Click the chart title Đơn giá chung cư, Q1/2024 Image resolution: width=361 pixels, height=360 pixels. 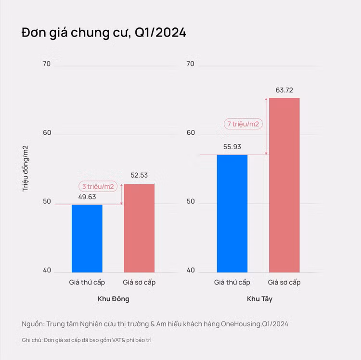pyautogui.click(x=103, y=33)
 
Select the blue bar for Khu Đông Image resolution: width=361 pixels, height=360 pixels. pyautogui.click(x=87, y=238)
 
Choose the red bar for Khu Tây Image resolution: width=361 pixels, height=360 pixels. pyautogui.click(x=284, y=185)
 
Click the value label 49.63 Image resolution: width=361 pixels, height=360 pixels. pyautogui.click(x=87, y=196)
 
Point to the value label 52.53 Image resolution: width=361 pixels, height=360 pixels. pyautogui.click(x=139, y=175)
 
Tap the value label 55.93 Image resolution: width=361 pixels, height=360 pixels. pyautogui.click(x=232, y=147)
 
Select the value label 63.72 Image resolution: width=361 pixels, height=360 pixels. pyautogui.click(x=284, y=90)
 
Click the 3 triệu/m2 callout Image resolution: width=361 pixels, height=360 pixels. pyautogui.click(x=98, y=186)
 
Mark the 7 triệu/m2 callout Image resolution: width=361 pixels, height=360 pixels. pyautogui.click(x=244, y=124)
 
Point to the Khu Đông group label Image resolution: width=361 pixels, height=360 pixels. pyautogui.click(x=114, y=299)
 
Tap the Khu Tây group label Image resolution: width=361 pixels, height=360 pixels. pyautogui.click(x=259, y=299)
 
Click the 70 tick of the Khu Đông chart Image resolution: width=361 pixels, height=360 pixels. pyautogui.click(x=46, y=64)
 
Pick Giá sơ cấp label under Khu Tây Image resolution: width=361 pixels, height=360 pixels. pyautogui.click(x=284, y=282)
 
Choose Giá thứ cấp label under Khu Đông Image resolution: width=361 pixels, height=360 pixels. pyautogui.click(x=87, y=282)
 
